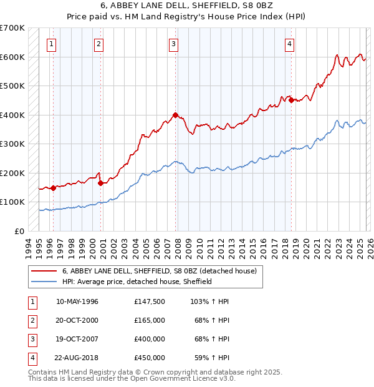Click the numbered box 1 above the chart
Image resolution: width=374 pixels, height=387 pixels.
[50, 44]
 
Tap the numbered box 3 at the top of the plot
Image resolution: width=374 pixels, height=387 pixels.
[173, 44]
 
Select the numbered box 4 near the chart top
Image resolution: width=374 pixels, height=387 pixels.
[290, 44]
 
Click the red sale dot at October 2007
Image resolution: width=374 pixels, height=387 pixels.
[176, 115]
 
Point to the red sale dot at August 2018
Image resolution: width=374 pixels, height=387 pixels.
[291, 99]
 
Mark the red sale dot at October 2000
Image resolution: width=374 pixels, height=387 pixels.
[100, 183]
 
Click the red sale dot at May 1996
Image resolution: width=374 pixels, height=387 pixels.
[54, 188]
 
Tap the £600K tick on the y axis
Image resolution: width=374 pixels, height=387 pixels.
[12, 57]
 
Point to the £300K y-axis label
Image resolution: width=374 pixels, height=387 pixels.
[12, 144]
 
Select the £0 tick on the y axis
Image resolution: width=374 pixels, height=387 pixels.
[19, 231]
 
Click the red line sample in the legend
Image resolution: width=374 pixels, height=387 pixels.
[44, 272]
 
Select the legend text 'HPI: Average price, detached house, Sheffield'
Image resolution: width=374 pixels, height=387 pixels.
[137, 282]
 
